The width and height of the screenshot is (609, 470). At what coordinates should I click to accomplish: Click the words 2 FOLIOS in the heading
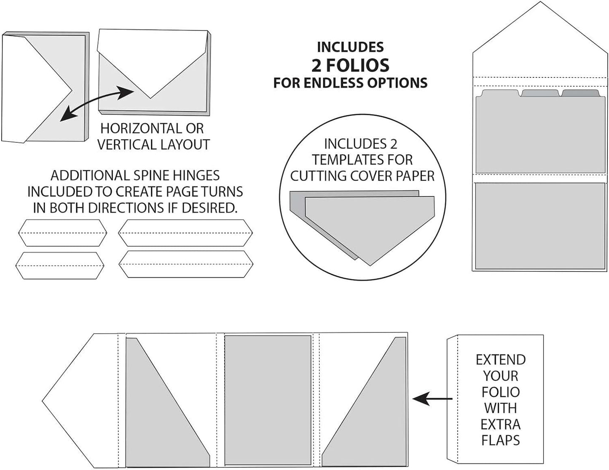coord(350,65)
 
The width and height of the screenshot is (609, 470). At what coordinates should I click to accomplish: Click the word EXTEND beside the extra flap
coord(500,360)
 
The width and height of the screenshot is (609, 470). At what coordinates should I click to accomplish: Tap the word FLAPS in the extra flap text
coord(500,440)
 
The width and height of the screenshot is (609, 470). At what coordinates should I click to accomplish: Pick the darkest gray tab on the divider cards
coord(580,93)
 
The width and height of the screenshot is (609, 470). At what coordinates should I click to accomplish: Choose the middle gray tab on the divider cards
coord(540,93)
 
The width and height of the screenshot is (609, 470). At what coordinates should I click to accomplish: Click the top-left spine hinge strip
coord(63,233)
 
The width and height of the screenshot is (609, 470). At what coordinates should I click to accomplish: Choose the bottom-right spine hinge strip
coord(185,264)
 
